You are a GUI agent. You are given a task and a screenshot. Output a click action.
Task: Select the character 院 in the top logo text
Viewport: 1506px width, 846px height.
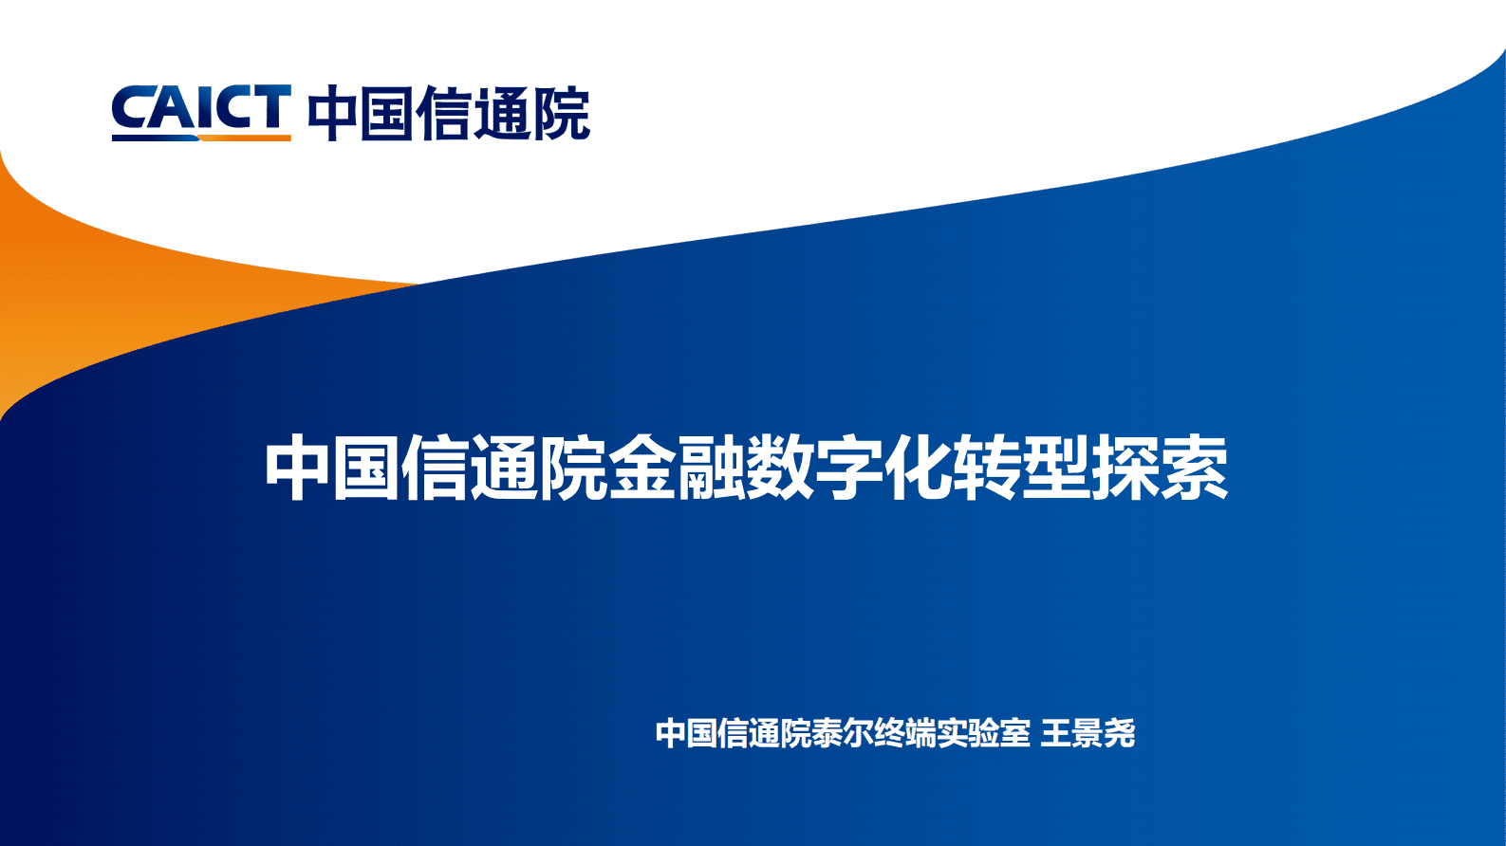561,114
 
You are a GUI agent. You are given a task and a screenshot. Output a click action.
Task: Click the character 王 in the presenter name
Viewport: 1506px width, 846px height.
1056,733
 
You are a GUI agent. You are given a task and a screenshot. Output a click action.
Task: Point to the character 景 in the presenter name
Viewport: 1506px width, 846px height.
1088,733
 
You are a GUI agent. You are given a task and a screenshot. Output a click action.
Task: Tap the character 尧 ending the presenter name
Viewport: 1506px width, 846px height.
1120,733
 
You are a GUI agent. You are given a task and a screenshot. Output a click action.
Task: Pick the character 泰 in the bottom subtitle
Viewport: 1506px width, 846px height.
827,733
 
